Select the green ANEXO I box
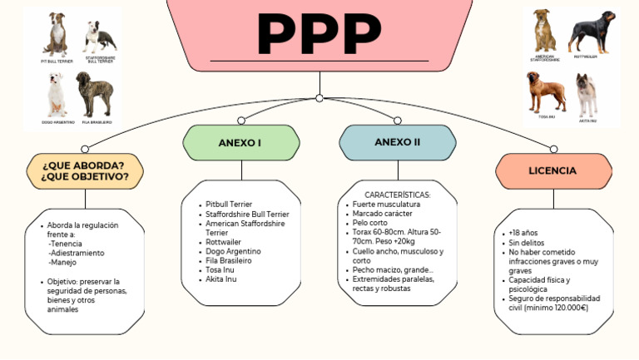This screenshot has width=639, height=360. pyautogui.click(x=240, y=143)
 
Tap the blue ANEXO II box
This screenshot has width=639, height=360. pyautogui.click(x=397, y=142)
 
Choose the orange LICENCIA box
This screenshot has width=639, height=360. pyautogui.click(x=552, y=170)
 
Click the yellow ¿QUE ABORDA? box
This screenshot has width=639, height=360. pyautogui.click(x=85, y=170)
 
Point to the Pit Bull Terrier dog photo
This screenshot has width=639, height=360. pyautogui.click(x=57, y=36)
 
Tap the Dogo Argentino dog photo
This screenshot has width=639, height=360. pyautogui.click(x=57, y=95)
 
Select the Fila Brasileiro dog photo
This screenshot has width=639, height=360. pyautogui.click(x=94, y=94)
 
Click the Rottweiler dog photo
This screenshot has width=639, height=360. pyautogui.click(x=591, y=32)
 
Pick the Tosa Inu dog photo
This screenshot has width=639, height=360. pyautogui.click(x=545, y=91)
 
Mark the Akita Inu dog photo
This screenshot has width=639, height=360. pyautogui.click(x=587, y=95)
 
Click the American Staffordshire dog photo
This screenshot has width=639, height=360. pyautogui.click(x=545, y=32)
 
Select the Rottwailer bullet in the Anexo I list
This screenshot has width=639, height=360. pyautogui.click(x=229, y=242)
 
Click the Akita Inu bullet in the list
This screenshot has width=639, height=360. pyautogui.click(x=221, y=279)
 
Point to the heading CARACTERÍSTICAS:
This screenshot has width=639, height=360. pyautogui.click(x=398, y=195)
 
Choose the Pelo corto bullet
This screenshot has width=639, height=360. pyautogui.click(x=370, y=223)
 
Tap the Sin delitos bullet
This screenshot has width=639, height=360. pyautogui.click(x=528, y=243)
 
